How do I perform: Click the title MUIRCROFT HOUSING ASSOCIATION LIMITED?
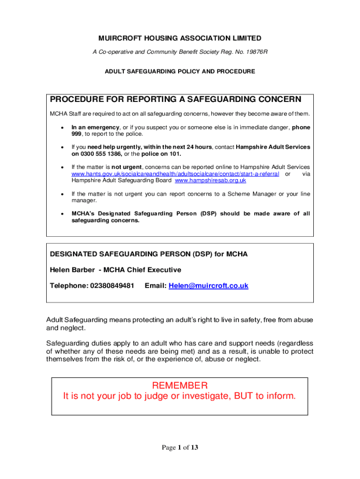pyautogui.click(x=180, y=38)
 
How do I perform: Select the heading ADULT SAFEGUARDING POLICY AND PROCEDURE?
pyautogui.click(x=180, y=72)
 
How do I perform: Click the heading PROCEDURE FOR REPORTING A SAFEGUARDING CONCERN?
pyautogui.click(x=175, y=100)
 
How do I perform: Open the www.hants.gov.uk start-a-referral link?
pyautogui.click(x=175, y=174)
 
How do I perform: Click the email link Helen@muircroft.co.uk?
pyautogui.click(x=208, y=285)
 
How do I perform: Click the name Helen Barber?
pyautogui.click(x=72, y=270)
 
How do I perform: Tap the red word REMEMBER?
pyautogui.click(x=180, y=385)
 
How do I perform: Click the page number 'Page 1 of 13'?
pyautogui.click(x=180, y=448)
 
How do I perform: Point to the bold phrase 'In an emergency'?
pyautogui.click(x=95, y=127)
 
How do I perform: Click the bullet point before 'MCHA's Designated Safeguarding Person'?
pyautogui.click(x=62, y=214)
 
